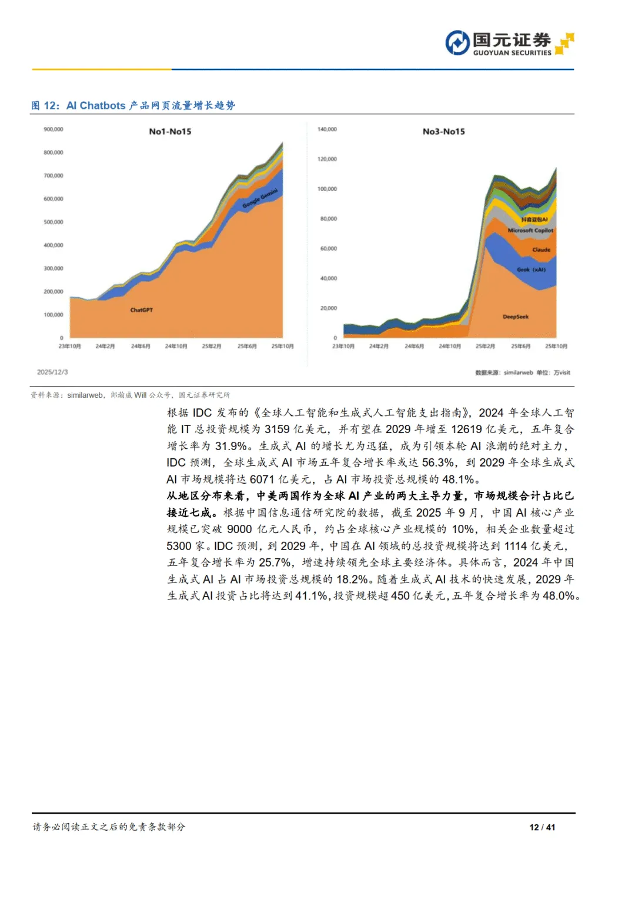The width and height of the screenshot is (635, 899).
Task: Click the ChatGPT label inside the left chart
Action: (x=141, y=310)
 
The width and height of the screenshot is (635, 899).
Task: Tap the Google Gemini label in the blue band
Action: (x=260, y=199)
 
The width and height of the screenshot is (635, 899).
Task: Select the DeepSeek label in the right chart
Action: (x=516, y=317)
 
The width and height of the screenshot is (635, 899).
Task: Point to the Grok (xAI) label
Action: (x=531, y=269)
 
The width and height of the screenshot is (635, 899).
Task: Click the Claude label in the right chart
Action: (x=541, y=249)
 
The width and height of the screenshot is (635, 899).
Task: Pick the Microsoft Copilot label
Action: (x=530, y=231)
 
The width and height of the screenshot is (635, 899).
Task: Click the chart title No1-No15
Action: (x=170, y=131)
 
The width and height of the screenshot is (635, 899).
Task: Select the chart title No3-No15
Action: (x=443, y=131)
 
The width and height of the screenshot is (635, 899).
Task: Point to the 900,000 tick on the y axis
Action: (x=54, y=129)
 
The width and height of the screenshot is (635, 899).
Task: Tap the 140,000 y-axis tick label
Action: (x=327, y=129)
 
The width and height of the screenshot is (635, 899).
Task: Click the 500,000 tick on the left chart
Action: (x=54, y=222)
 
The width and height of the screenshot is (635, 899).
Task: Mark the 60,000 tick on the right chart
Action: (x=328, y=249)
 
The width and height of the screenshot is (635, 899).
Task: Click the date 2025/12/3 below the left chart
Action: (x=52, y=372)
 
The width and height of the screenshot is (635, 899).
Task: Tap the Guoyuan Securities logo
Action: (x=509, y=44)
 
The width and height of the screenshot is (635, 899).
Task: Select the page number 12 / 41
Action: (x=542, y=827)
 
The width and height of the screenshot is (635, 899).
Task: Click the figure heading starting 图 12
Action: (x=133, y=105)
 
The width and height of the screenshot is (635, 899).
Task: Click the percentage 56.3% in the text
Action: (x=438, y=462)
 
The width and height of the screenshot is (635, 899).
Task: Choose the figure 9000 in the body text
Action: (x=239, y=529)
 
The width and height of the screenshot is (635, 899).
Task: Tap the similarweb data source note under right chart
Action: (x=522, y=372)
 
